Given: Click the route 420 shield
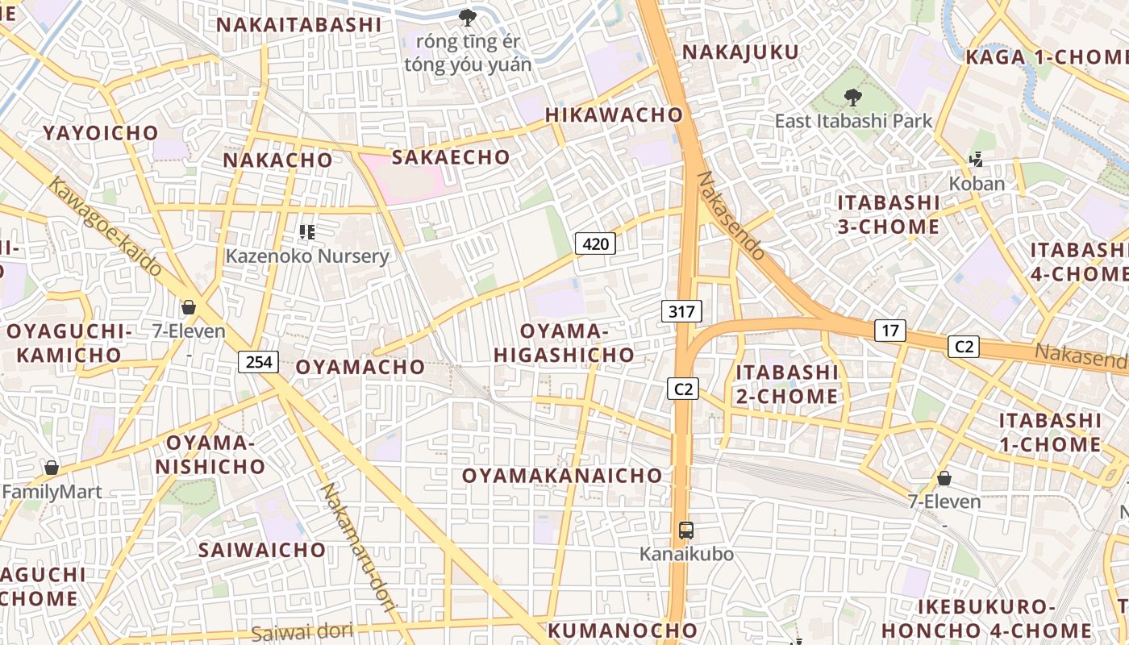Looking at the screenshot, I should click(595, 243).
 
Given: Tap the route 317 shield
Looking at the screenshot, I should click(681, 311).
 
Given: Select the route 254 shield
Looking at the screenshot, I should click(258, 362).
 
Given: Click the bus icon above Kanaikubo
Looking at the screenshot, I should click(686, 531).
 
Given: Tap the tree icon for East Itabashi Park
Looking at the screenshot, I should click(852, 98).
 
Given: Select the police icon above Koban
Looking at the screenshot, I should click(977, 160).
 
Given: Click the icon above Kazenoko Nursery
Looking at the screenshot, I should click(306, 232).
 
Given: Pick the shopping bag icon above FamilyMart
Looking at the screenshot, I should click(52, 468).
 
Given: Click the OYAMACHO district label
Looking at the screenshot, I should click(360, 367).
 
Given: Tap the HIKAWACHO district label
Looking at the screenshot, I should click(614, 114).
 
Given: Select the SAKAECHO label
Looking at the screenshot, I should click(451, 156).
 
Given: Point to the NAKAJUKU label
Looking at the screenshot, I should click(740, 52).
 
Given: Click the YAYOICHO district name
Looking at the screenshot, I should click(101, 133).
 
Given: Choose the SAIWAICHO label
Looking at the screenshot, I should click(262, 550).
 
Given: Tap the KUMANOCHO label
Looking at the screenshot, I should click(623, 630).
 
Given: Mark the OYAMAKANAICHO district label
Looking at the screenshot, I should click(562, 476).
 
